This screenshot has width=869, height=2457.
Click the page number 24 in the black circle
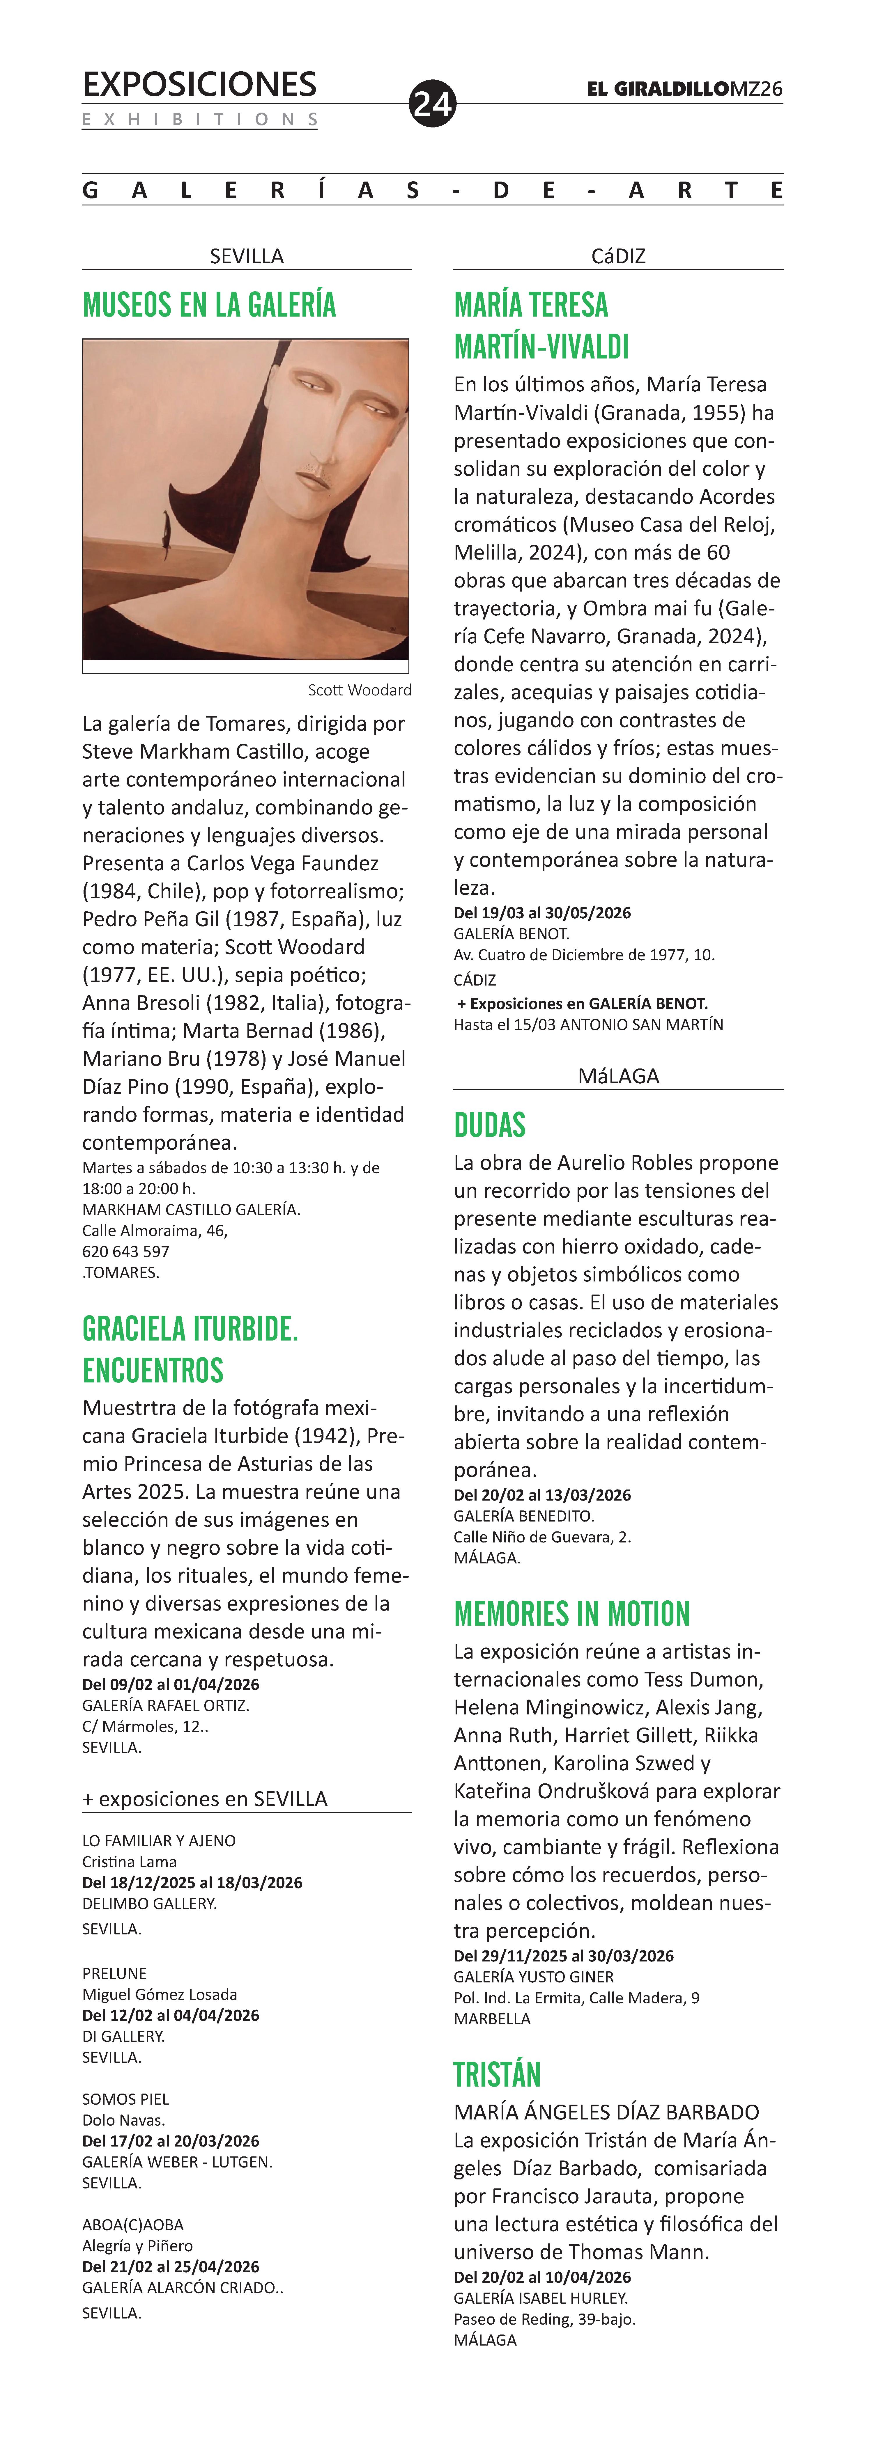coord(432,103)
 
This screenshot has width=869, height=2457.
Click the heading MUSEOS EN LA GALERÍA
coord(209,305)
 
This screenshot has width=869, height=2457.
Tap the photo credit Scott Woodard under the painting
coord(360,690)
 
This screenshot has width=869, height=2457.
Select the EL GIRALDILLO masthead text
coord(657,89)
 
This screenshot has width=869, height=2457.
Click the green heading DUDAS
coord(489,1125)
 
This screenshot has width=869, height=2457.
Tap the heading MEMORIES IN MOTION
coord(571,1614)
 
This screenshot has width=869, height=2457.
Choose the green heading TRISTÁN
coord(497,2075)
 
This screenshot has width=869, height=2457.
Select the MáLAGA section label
coord(618,1076)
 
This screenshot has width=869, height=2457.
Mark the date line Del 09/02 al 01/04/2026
coord(171,1684)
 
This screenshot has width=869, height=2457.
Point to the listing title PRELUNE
coord(114,1973)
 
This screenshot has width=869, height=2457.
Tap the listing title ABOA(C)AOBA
coord(132,2224)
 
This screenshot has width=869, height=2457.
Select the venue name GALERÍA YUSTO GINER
coord(533,1977)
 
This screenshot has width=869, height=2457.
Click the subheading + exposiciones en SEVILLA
coord(204,1799)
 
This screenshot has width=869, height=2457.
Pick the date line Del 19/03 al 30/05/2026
coord(542,913)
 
